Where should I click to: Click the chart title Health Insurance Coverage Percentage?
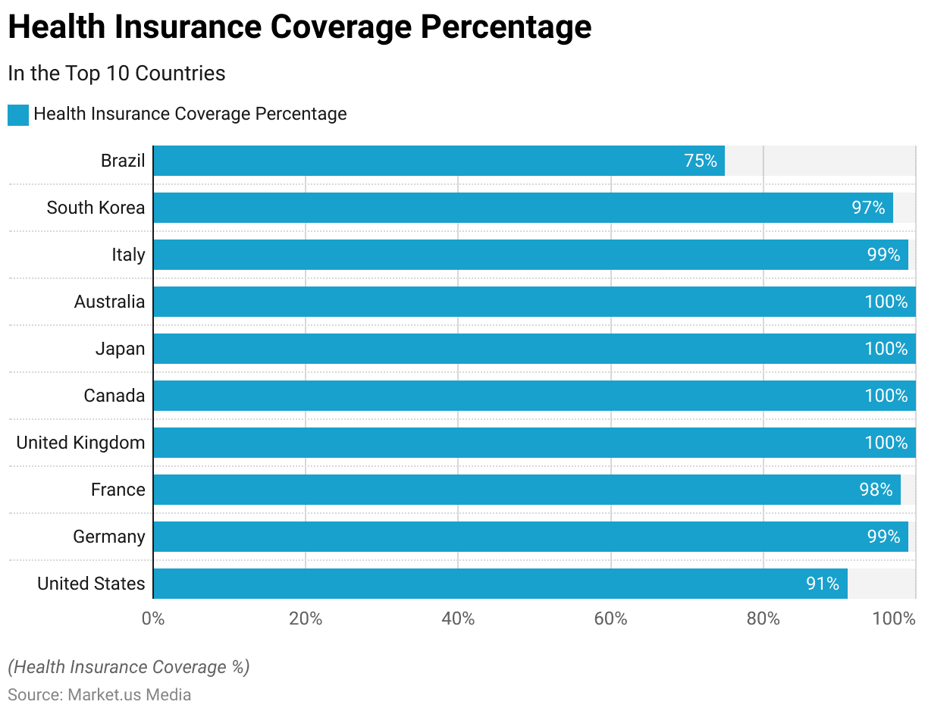[x=299, y=28]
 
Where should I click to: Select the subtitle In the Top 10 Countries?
[x=117, y=74]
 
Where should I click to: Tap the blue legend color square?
[x=18, y=114]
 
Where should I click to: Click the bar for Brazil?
[x=438, y=161]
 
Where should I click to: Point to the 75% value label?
[x=700, y=161]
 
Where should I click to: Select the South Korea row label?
[x=96, y=208]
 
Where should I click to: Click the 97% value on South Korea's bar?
[x=868, y=208]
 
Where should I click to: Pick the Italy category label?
[x=128, y=255]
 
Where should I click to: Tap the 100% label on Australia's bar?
[x=886, y=302]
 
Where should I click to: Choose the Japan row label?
[x=120, y=349]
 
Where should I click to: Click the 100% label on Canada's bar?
[x=886, y=396]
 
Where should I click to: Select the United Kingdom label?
[x=80, y=443]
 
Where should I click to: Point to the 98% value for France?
[x=876, y=490]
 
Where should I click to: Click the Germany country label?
[x=109, y=537]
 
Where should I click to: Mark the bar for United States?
[x=500, y=584]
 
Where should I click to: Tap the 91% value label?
[x=823, y=584]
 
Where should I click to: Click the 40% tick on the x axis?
[x=458, y=618]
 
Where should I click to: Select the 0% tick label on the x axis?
[x=153, y=618]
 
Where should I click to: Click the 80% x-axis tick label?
[x=763, y=618]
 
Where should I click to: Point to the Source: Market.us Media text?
[x=99, y=694]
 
